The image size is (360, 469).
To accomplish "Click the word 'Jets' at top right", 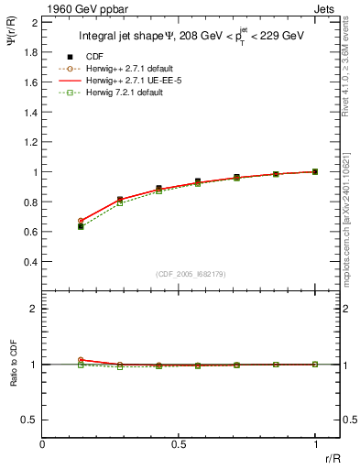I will click(x=326, y=7).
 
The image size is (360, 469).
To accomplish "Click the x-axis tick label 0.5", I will click(x=179, y=445).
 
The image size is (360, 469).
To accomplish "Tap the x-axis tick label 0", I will click(x=43, y=445).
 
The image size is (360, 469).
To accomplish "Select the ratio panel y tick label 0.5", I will click(x=31, y=420).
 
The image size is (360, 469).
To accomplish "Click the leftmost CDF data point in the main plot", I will click(x=81, y=225).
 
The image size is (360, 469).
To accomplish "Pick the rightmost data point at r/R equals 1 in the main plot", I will click(x=315, y=171).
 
